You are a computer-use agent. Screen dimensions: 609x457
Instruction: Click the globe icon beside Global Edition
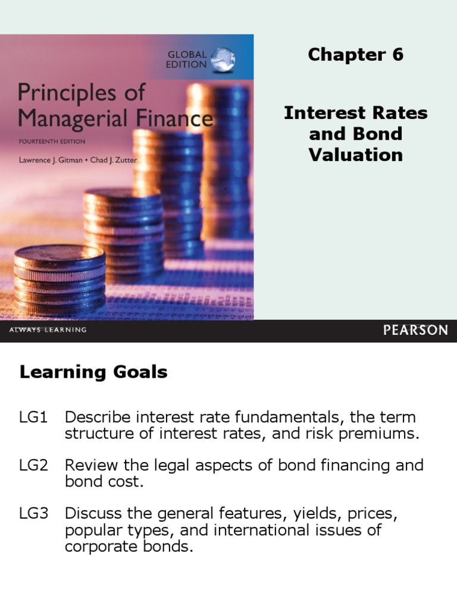223,59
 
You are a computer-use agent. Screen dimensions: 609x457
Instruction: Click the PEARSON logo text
415,330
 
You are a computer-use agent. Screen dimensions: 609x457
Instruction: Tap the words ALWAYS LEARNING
48,330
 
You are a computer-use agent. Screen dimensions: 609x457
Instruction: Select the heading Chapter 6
355,55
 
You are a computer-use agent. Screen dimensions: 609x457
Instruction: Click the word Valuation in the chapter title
355,155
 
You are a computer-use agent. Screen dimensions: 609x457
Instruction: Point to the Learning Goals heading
93,373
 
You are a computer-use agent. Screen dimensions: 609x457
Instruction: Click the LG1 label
33,417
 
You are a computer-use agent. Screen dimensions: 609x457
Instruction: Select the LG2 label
33,464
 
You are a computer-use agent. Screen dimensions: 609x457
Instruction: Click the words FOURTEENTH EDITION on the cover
52,142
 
